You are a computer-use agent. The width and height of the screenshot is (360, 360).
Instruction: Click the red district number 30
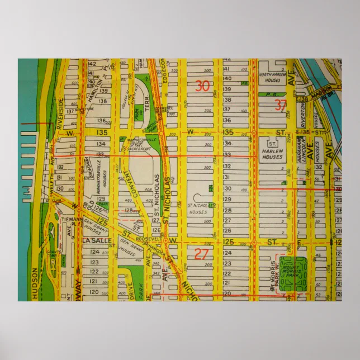click(203, 86)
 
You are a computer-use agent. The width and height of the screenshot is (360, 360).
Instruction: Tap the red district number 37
click(281, 104)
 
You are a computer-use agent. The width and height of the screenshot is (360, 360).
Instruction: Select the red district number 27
click(201, 254)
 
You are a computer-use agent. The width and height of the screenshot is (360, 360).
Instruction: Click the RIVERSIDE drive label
click(60, 113)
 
